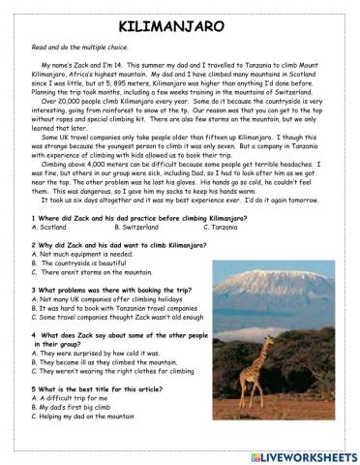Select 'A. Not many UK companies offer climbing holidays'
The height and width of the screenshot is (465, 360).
pos(107,300)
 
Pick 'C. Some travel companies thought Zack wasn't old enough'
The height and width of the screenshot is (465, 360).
pos(121,319)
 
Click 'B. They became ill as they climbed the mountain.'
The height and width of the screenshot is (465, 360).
pos(105,362)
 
